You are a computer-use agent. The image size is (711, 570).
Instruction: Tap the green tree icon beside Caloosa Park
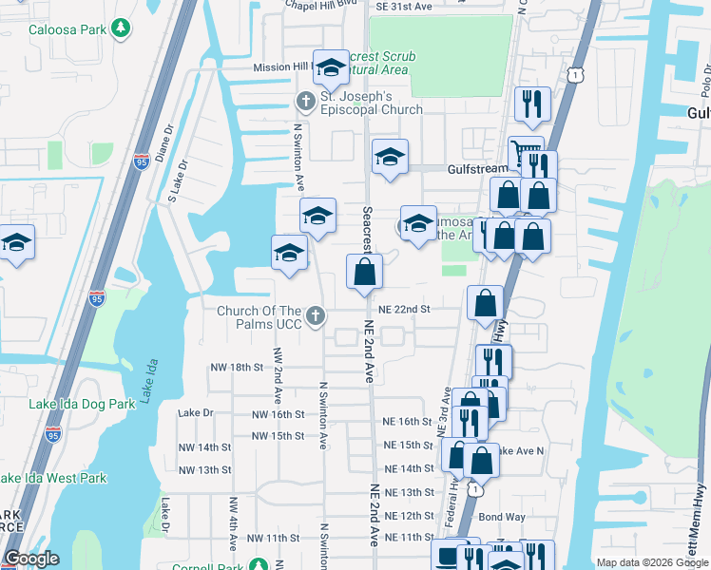120,28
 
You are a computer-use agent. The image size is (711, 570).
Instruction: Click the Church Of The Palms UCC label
259,317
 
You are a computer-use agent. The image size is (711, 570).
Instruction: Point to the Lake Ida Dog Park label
82,404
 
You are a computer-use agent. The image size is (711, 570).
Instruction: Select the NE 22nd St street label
405,309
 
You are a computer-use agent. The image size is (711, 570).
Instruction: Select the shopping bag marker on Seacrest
364,274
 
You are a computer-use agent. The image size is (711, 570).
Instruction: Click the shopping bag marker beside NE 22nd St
486,305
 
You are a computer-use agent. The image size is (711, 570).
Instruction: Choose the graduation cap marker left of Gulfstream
390,158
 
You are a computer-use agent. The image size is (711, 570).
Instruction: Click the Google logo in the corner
32,559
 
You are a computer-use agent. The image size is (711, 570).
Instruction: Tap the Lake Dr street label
196,413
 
